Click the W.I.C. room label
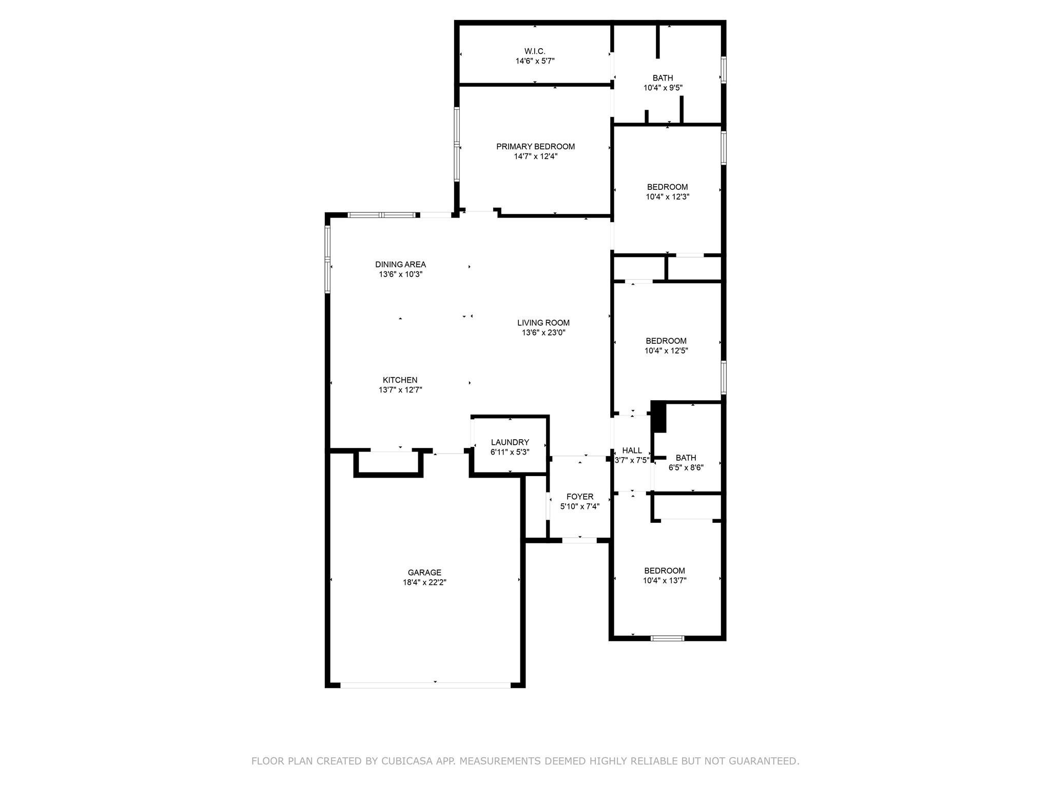coord(535,51)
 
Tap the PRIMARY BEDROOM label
coord(535,147)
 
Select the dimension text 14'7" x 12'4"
coord(535,156)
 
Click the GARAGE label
coord(424,573)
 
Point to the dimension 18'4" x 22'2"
coord(424,582)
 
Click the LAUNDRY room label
coord(510,442)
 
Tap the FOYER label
coord(580,497)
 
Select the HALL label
coord(632,450)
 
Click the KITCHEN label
coord(400,380)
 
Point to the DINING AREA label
coord(400,265)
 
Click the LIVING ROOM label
coord(543,323)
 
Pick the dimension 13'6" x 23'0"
coord(543,332)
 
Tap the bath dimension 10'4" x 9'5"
coord(663,88)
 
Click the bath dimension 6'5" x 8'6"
coord(686,467)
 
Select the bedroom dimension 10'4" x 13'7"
coord(665,580)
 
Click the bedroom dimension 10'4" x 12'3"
coord(667,196)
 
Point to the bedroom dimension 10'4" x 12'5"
coord(666,351)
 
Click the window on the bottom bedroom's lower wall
coord(667,638)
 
